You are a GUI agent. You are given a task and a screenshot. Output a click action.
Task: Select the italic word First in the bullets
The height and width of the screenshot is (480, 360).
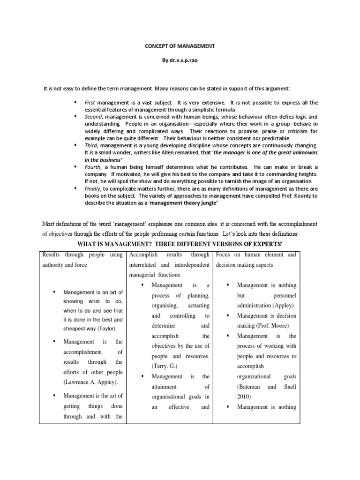tap(90, 102)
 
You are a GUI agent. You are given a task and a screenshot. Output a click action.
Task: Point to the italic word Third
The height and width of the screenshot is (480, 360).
tap(91, 145)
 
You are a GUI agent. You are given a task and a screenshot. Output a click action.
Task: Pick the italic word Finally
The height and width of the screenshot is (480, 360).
tap(93, 188)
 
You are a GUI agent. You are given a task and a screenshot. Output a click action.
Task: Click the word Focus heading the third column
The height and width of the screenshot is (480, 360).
tap(225, 255)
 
